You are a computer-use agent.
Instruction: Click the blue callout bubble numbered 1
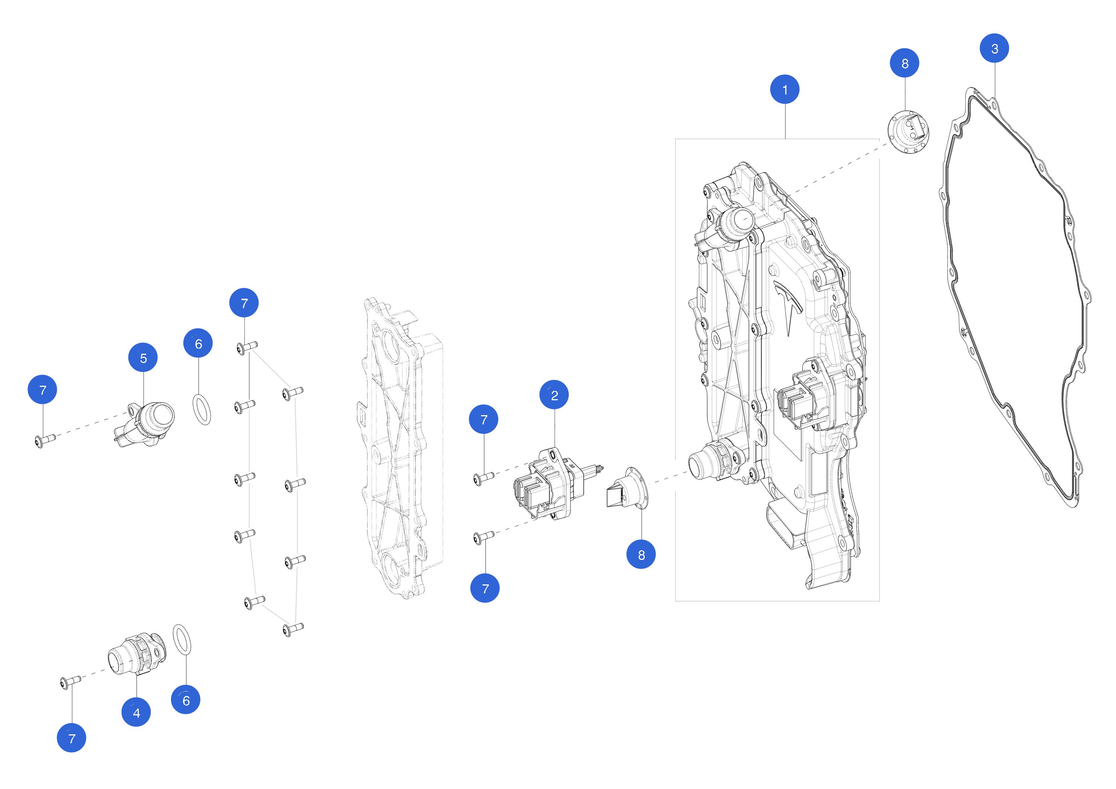pyautogui.click(x=785, y=89)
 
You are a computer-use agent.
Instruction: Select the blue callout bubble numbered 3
pyautogui.click(x=994, y=48)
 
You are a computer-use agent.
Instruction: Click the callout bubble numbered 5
pyautogui.click(x=143, y=358)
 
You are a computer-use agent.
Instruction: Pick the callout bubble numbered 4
pyautogui.click(x=136, y=712)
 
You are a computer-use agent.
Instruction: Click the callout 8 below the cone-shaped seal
pyautogui.click(x=641, y=555)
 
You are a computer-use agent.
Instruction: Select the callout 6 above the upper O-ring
pyautogui.click(x=198, y=343)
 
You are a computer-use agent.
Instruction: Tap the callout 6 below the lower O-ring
pyautogui.click(x=186, y=700)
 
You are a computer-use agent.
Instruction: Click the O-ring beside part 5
pyautogui.click(x=202, y=410)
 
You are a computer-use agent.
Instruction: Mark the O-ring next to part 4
pyautogui.click(x=182, y=640)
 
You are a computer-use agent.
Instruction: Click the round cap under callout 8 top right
pyautogui.click(x=908, y=132)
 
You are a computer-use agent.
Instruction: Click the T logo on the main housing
pyautogui.click(x=788, y=304)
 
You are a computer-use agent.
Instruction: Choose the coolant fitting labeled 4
pyautogui.click(x=137, y=654)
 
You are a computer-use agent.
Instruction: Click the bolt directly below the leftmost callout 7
pyautogui.click(x=45, y=440)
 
